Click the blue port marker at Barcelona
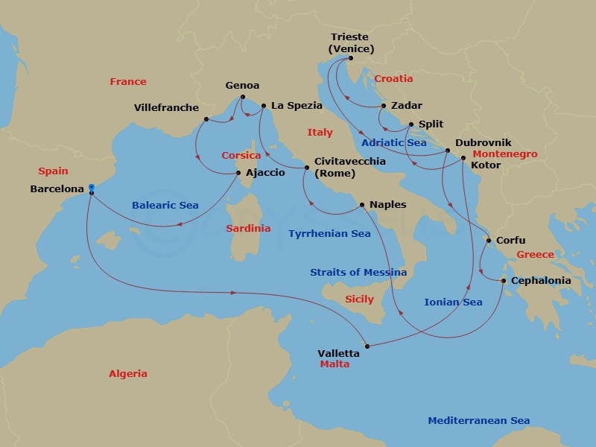click(x=91, y=187)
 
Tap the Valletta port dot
click(x=367, y=345)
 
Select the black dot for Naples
click(x=362, y=204)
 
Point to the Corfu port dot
click(x=488, y=241)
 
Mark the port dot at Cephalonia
click(x=504, y=281)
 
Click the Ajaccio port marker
click(x=238, y=174)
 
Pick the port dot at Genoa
click(x=243, y=97)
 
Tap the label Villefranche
click(x=166, y=107)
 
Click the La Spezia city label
click(x=297, y=106)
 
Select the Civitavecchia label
click(x=350, y=160)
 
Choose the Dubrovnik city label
click(x=484, y=142)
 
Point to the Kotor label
click(x=486, y=165)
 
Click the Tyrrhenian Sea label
click(x=329, y=233)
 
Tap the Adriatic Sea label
click(x=393, y=142)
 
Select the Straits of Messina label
click(x=358, y=272)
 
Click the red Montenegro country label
click(x=504, y=154)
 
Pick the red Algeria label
click(x=128, y=373)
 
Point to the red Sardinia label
click(x=248, y=228)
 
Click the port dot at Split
click(x=411, y=125)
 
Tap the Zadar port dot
click(x=383, y=106)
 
